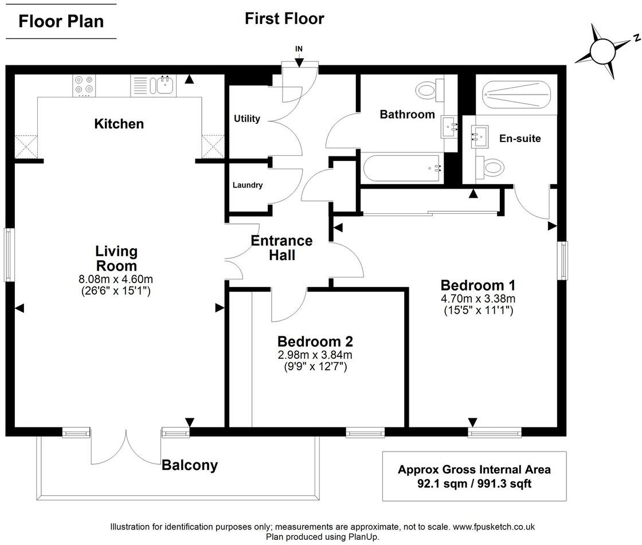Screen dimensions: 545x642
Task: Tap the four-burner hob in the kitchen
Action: click(84, 85)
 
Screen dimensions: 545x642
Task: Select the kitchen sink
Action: click(161, 85)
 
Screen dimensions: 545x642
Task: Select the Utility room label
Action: click(247, 119)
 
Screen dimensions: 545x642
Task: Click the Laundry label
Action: click(248, 185)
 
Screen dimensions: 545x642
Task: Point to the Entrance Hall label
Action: click(282, 248)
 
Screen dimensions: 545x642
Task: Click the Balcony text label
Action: click(190, 465)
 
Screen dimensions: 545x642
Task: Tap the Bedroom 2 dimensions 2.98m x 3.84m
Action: click(315, 355)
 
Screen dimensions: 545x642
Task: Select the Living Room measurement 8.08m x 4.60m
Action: click(116, 279)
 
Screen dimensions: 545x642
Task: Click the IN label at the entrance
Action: click(299, 49)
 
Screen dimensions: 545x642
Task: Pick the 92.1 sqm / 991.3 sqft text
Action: click(474, 484)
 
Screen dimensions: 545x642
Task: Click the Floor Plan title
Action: click(61, 21)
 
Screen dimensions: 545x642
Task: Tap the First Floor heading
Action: click(284, 18)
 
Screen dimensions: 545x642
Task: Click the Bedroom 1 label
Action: click(478, 285)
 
